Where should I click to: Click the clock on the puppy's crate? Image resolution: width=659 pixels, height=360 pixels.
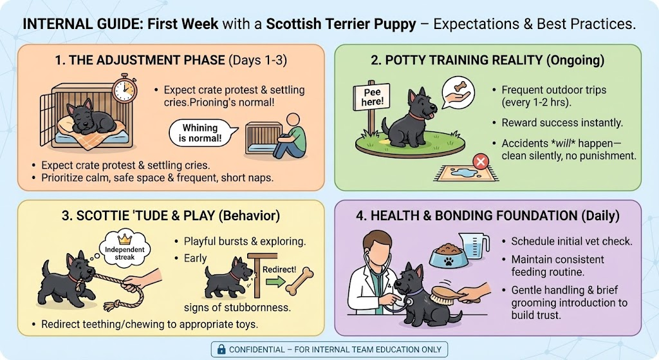point(124,89)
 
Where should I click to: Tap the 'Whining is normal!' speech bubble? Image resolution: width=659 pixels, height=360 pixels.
point(201,133)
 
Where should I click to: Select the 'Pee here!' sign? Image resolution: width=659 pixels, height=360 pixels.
point(372,97)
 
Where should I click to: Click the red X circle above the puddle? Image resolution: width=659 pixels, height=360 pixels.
point(480,162)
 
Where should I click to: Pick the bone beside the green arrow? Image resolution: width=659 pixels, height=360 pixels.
point(299,281)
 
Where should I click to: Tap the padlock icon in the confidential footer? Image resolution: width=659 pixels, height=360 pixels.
point(221,350)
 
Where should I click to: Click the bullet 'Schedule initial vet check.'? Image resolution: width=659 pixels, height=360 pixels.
point(571,241)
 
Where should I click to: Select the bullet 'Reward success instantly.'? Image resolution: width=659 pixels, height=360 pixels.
point(562,123)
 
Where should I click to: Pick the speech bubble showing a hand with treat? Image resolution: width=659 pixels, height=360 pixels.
point(458,94)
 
